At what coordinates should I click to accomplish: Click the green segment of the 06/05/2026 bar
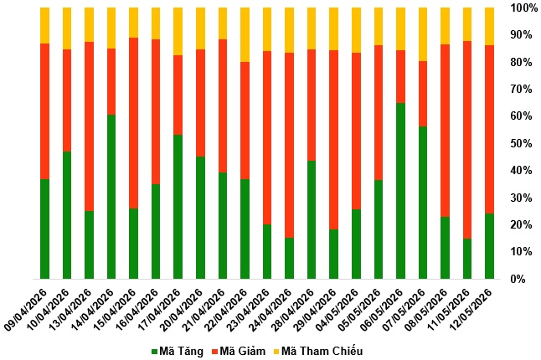click(400, 191)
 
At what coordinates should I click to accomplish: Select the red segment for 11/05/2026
click(467, 140)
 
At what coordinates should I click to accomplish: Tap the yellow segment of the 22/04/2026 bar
click(245, 34)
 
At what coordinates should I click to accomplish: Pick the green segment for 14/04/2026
click(111, 197)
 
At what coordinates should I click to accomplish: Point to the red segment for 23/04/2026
click(267, 137)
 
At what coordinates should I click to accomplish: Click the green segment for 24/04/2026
click(289, 258)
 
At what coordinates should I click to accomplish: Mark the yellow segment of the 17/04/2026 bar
click(178, 31)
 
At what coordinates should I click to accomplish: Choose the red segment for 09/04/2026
click(44, 111)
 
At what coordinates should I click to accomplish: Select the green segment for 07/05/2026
click(423, 203)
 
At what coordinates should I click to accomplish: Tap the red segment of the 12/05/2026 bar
click(489, 129)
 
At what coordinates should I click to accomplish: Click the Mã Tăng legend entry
click(178, 352)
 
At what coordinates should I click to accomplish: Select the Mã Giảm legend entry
click(239, 352)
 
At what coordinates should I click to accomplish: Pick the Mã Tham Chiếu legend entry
click(318, 352)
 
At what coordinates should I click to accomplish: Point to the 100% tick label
click(522, 8)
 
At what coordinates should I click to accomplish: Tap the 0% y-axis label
click(518, 279)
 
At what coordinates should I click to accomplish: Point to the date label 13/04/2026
click(70, 310)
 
